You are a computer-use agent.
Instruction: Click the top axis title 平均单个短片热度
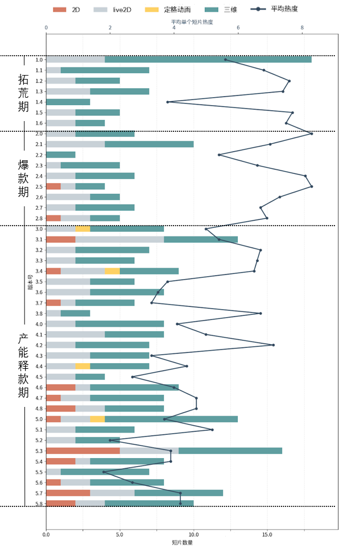click(192, 22)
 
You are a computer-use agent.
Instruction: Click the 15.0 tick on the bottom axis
click(267, 535)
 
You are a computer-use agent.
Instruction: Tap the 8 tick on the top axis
click(302, 27)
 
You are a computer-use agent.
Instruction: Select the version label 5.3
click(39, 451)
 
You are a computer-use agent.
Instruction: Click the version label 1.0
click(39, 60)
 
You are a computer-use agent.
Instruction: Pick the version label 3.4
click(39, 271)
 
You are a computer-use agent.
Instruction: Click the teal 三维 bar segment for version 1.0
click(208, 60)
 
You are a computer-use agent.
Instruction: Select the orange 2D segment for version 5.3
click(82, 451)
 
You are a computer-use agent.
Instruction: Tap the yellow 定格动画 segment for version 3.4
click(112, 271)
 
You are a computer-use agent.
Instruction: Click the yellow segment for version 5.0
click(97, 419)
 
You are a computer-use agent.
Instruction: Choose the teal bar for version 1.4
click(68, 102)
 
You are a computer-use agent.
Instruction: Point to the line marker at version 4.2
click(273, 345)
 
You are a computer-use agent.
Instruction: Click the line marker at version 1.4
click(167, 102)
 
